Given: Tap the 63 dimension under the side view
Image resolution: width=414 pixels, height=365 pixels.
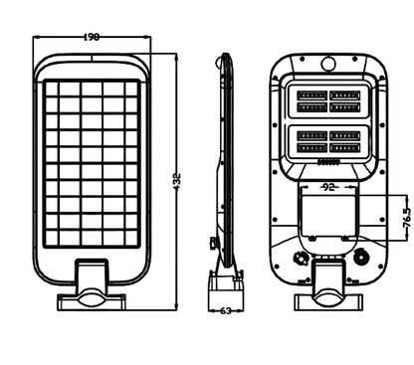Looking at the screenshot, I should click(225, 311).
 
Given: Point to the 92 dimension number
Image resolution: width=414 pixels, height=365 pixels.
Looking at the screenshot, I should click(326, 186).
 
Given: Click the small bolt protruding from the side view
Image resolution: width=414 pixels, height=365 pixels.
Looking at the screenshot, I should click(212, 242).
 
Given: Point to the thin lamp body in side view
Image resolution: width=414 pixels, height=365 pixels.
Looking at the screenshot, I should click(227, 149).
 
